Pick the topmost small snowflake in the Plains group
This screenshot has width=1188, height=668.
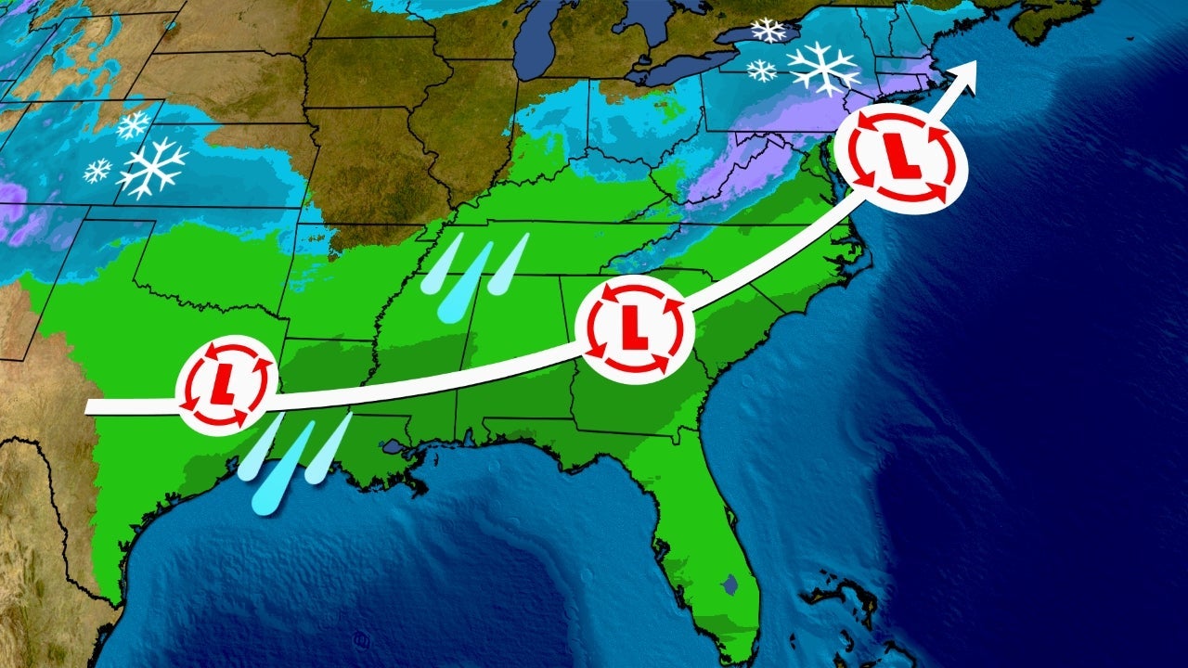coord(133,124)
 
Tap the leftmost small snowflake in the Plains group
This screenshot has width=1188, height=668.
coord(97,170)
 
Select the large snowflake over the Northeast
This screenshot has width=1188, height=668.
coord(823,67)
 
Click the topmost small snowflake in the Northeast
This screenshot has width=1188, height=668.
coord(768,30)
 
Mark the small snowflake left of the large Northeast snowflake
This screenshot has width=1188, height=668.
coord(762,70)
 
